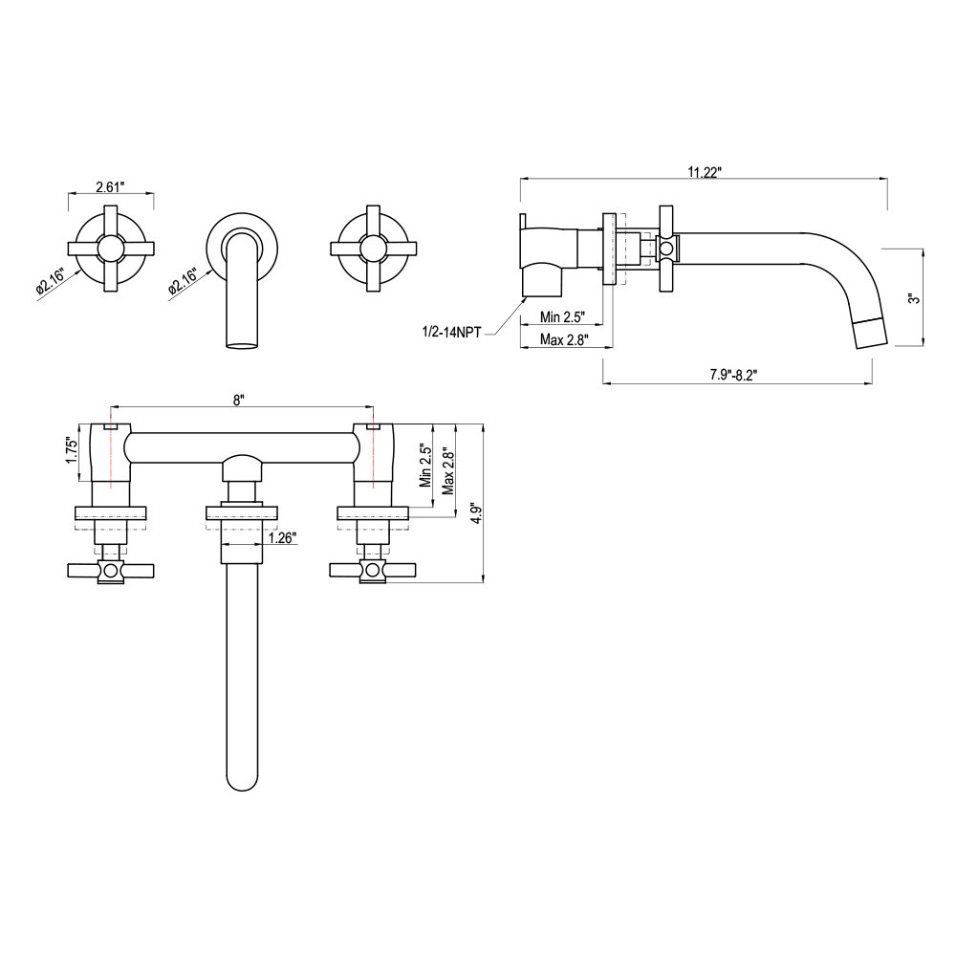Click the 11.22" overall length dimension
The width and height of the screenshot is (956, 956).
pos(705,171)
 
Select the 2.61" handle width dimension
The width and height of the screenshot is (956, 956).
pos(110,186)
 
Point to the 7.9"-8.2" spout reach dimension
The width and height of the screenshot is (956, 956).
pos(734,375)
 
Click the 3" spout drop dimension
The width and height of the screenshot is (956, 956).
pos(914,297)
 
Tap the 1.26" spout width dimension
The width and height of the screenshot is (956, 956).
pos(281,537)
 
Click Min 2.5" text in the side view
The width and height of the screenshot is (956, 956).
pos(562,316)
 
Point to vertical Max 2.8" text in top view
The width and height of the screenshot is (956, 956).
pos(446,472)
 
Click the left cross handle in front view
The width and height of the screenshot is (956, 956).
pos(111,249)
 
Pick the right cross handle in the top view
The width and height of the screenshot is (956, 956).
pos(374,570)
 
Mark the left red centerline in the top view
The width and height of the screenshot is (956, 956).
pos(112,449)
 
